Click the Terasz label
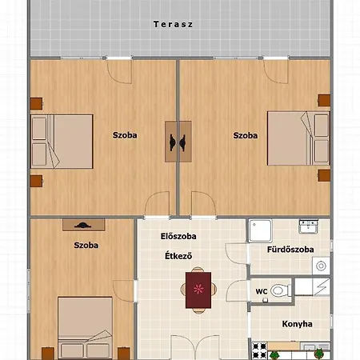[x=173, y=25]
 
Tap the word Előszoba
[x=178, y=236]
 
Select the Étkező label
[x=178, y=256]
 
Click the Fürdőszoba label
[x=290, y=250]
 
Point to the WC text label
[x=262, y=291]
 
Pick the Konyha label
[x=298, y=324]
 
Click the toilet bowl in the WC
[x=281, y=290]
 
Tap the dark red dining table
[x=198, y=290]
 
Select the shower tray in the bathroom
[x=260, y=230]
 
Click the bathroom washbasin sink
[x=308, y=226]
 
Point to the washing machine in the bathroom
[x=321, y=266]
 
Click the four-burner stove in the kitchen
[x=259, y=350]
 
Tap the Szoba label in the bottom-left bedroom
[x=86, y=246]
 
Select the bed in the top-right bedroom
[x=298, y=138]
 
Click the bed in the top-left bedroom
[x=62, y=142]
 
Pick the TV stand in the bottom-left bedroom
[x=84, y=225]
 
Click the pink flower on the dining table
[x=198, y=289]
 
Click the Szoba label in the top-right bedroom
[x=246, y=135]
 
